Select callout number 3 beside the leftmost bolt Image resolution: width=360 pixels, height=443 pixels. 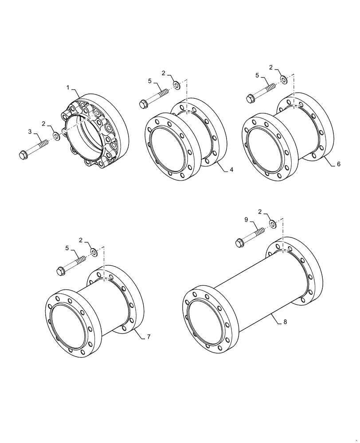[30, 132]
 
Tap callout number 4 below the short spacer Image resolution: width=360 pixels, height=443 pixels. [231, 170]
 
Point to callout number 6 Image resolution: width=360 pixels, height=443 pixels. [338, 164]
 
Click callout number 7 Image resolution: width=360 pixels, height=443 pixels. [149, 337]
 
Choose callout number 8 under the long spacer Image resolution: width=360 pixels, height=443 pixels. [285, 322]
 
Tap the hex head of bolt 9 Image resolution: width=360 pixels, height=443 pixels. [239, 242]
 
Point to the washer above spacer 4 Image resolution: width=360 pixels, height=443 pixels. [176, 85]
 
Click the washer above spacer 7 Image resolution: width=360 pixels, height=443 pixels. [94, 253]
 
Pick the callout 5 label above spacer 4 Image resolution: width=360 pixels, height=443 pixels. [150, 81]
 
